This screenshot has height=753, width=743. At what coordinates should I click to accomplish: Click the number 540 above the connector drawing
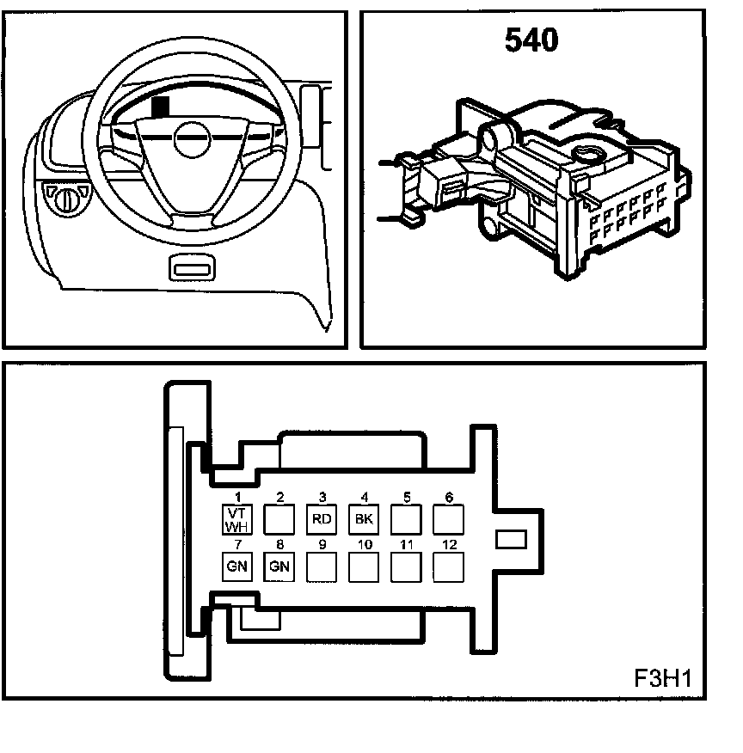[x=531, y=40]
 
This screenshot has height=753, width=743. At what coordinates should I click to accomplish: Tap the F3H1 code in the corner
[x=662, y=677]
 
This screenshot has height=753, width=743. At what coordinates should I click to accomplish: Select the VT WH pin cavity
[x=236, y=519]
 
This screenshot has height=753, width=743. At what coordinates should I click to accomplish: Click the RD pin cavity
[x=322, y=519]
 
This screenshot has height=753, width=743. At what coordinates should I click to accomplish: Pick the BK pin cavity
[x=364, y=519]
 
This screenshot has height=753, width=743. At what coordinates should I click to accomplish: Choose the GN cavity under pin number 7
[x=236, y=566]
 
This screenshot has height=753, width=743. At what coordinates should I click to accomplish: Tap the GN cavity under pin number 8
[x=279, y=566]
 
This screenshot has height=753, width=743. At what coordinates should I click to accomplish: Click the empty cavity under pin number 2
[x=279, y=519]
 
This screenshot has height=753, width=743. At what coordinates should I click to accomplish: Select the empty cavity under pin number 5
[x=406, y=519]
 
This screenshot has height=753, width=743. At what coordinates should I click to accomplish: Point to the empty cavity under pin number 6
[x=448, y=519]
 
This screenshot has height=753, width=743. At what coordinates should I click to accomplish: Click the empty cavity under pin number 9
[x=322, y=566]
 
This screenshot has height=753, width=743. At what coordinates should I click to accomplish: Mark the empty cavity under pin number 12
[x=448, y=566]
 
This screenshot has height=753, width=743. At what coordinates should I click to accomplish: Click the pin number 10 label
[x=365, y=544]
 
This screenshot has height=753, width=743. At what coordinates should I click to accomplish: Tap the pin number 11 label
[x=407, y=544]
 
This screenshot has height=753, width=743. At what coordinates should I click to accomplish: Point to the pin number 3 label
[x=322, y=497]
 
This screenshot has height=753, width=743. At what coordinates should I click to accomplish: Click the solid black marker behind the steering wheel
[x=160, y=107]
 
